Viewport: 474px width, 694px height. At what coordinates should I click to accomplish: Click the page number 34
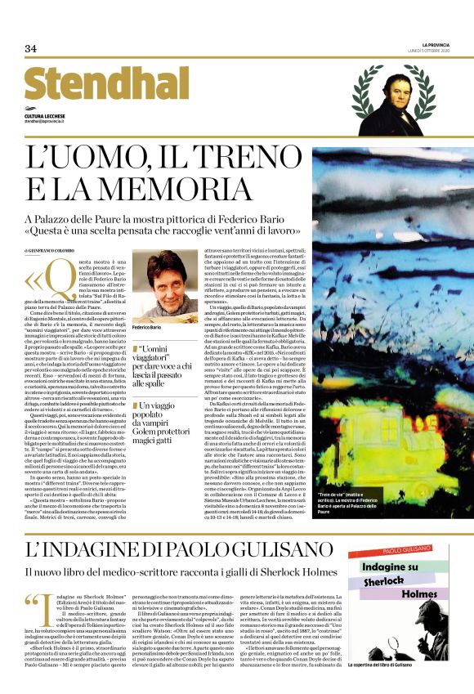pyautogui.click(x=30, y=49)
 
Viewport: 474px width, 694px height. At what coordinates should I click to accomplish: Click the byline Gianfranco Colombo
pyautogui.click(x=51, y=249)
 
